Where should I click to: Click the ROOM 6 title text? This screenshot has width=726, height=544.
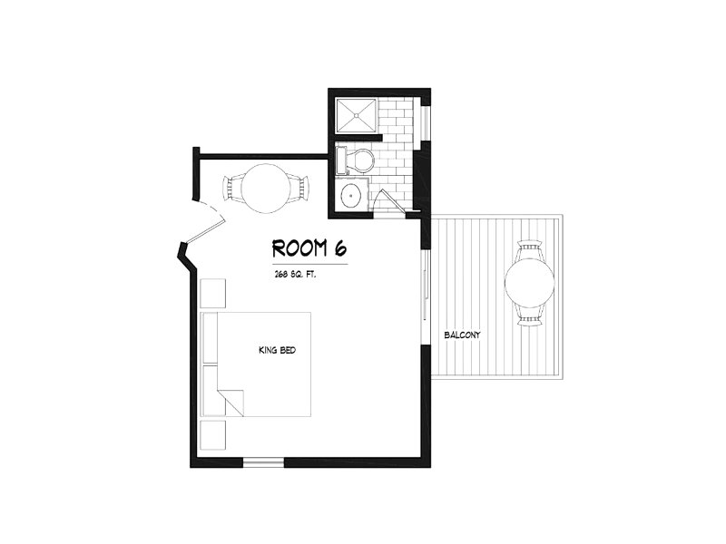(309, 248)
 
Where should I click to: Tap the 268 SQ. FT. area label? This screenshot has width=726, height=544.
(295, 275)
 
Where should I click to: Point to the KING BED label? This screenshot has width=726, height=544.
(277, 350)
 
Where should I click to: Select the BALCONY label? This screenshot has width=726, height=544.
(462, 335)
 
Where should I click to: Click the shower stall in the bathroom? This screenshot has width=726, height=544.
(356, 115)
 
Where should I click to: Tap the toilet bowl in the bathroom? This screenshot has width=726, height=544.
(360, 160)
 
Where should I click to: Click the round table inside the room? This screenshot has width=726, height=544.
(266, 189)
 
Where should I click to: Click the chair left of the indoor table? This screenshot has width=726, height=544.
(232, 189)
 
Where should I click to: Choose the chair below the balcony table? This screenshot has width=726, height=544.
(530, 315)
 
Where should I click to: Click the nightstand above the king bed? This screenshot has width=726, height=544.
(213, 293)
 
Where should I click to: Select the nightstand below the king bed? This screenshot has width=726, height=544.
(213, 435)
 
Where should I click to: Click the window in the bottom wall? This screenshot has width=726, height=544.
(263, 462)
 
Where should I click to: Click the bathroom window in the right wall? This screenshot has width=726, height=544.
(427, 122)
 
